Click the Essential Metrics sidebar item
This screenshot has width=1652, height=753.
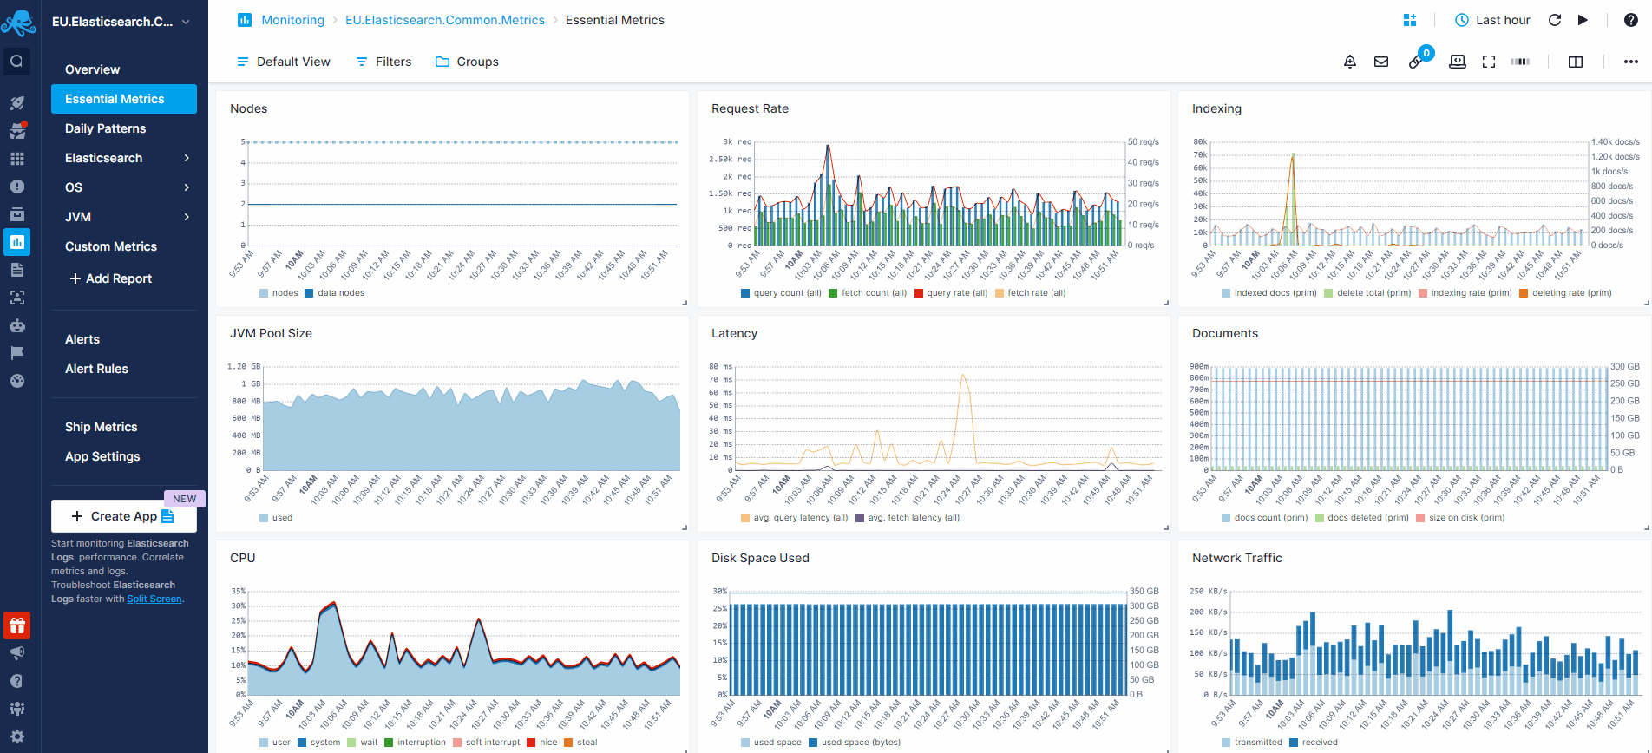point(115,99)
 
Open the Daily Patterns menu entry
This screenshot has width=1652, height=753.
point(105,128)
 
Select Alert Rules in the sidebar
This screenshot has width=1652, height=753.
point(96,369)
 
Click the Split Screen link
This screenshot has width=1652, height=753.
point(154,599)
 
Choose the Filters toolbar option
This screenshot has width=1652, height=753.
point(383,62)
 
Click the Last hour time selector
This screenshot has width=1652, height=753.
point(1492,20)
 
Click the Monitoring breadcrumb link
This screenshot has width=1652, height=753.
point(292,20)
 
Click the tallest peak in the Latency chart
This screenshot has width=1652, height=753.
point(962,376)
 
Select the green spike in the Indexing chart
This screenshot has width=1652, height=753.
point(1293,156)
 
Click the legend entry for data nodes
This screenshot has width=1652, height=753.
point(340,293)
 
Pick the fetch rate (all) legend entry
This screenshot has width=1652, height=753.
point(1035,293)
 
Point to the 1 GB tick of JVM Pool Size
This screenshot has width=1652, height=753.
point(250,383)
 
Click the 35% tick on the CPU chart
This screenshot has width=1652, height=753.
point(238,591)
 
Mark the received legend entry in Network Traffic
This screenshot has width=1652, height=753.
point(1319,743)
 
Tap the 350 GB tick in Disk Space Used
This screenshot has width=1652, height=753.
point(1144,591)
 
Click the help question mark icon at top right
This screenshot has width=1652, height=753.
point(1631,20)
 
